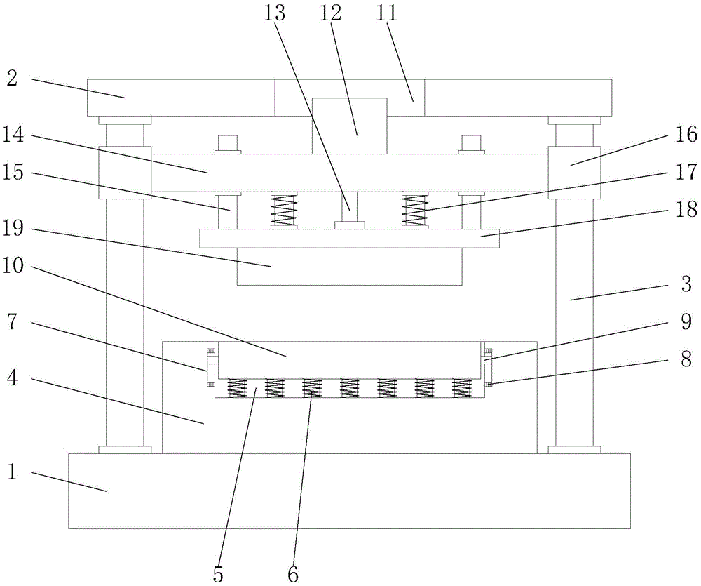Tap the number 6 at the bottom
[292, 574]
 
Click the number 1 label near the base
[11, 472]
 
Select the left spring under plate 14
[285, 211]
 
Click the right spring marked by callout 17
[415, 211]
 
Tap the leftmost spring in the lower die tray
[238, 388]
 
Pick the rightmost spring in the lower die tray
[461, 388]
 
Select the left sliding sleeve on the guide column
[125, 173]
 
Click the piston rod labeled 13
[349, 207]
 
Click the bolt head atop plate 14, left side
[229, 143]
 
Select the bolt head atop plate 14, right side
[471, 143]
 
